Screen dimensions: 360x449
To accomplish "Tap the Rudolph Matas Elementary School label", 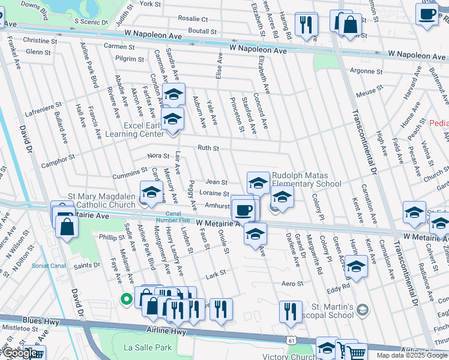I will coord(306,180).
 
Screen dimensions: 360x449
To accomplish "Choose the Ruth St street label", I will coord(208,148).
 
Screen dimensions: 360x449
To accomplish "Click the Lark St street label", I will coord(215,272).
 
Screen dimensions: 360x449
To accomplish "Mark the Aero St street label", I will coord(289,283).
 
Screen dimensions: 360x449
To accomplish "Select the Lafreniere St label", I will coord(43,109).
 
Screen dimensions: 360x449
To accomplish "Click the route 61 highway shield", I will coord(291,338).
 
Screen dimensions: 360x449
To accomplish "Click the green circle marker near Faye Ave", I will coord(126,298).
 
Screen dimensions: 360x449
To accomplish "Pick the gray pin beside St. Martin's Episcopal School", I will coord(362,310).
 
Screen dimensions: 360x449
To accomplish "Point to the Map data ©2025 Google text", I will coord(412,355).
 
